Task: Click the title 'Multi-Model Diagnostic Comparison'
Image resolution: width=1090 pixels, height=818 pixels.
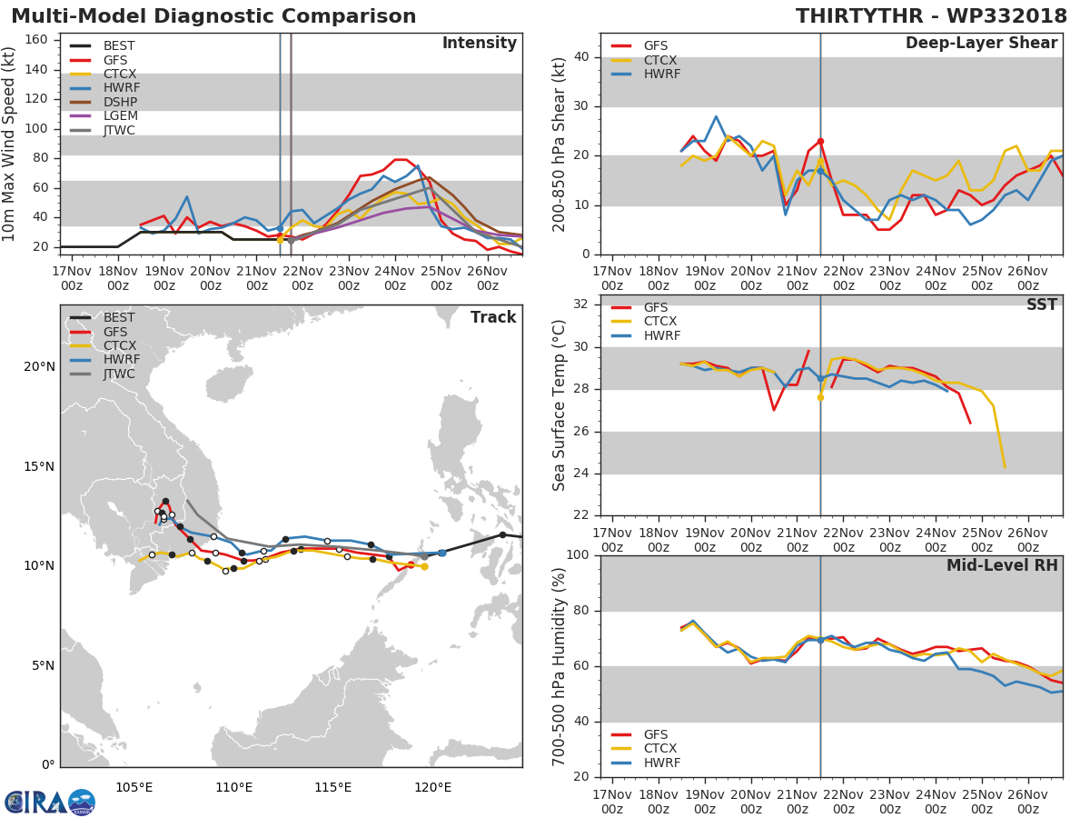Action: point(213,16)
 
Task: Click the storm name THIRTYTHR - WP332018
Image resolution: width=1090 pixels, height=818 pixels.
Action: point(931,16)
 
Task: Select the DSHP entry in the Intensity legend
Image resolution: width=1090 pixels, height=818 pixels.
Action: point(120,102)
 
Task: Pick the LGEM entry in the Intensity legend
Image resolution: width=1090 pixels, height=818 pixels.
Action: point(120,116)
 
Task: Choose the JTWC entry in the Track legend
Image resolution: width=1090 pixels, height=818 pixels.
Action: point(119,374)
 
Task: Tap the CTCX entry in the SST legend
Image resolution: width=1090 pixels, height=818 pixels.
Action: point(659,322)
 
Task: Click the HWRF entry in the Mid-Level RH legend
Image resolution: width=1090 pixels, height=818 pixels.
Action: point(661,763)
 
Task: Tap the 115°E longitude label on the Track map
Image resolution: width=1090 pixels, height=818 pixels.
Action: point(332,786)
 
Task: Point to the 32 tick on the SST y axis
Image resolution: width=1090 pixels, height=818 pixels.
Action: point(582,304)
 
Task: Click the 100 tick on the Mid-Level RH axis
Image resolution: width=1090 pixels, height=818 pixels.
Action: point(579,555)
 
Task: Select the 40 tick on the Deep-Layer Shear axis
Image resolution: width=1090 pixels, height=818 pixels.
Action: point(582,57)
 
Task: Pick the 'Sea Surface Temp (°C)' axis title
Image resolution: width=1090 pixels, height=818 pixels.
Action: point(560,405)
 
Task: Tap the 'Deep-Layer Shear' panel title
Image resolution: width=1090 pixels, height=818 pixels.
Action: point(981,44)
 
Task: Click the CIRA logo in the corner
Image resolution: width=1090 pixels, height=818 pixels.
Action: point(50,801)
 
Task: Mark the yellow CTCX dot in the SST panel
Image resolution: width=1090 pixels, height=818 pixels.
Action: point(820,397)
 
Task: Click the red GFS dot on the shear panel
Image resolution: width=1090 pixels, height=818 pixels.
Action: point(820,141)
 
